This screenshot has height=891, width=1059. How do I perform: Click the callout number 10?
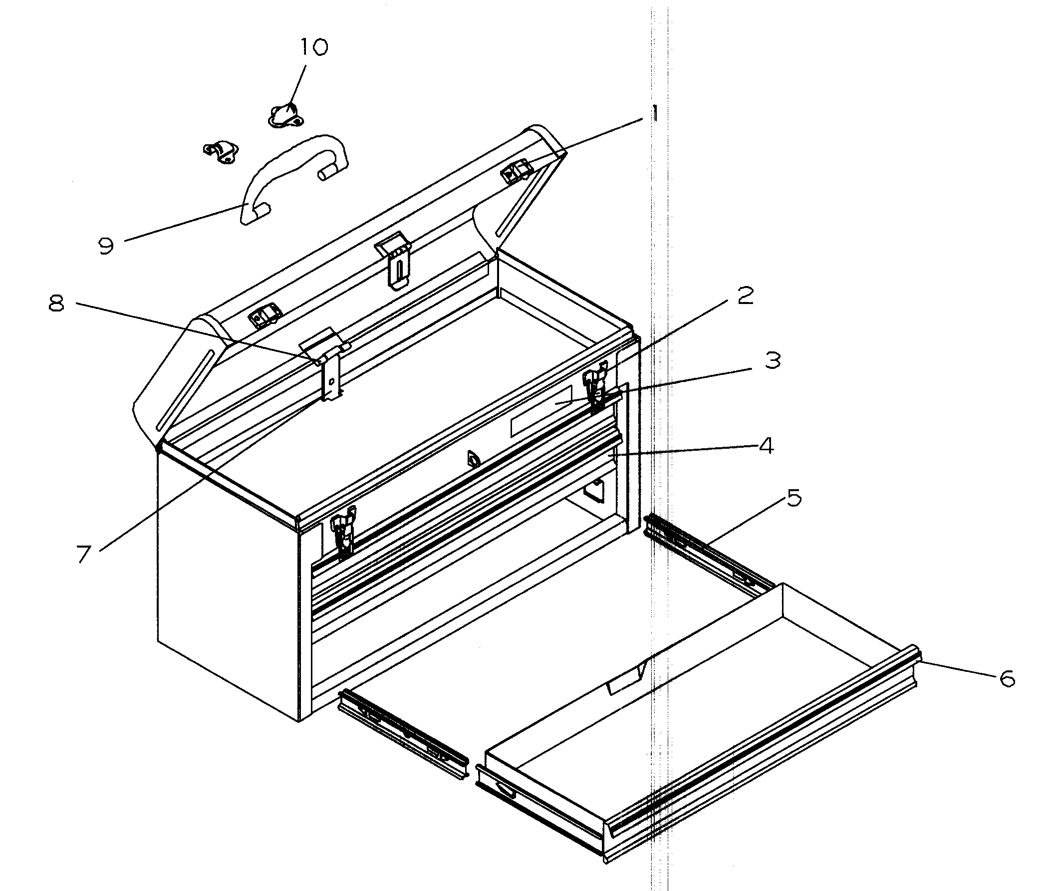[314, 47]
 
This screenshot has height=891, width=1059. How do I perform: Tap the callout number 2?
[746, 296]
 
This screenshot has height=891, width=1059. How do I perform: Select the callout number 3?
[773, 360]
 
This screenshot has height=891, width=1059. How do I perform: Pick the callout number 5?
[794, 498]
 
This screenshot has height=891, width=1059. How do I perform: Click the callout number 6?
[1007, 678]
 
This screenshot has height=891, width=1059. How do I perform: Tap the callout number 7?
[84, 554]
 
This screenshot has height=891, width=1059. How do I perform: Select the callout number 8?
[56, 303]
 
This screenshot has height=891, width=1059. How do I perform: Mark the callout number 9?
[106, 246]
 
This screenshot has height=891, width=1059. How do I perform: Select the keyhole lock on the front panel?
[473, 458]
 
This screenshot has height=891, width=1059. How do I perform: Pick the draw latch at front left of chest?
[343, 536]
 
